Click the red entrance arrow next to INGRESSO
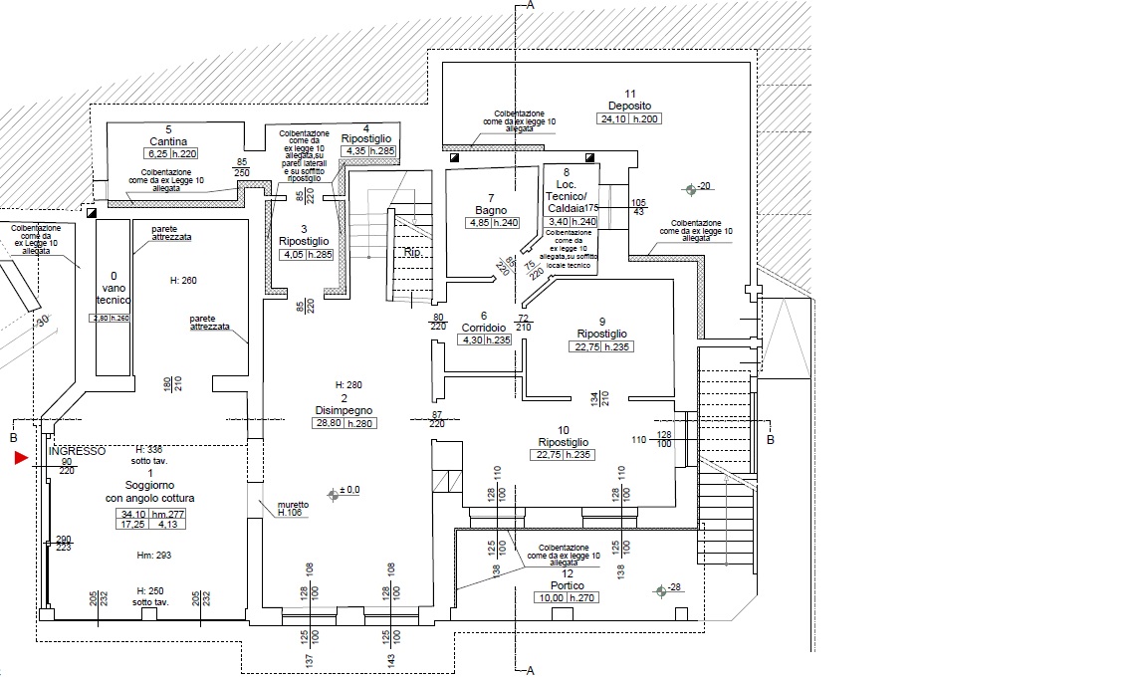pyautogui.click(x=21, y=458)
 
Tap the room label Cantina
pyautogui.click(x=168, y=141)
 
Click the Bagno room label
pyautogui.click(x=491, y=210)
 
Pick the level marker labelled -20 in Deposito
pyautogui.click(x=690, y=188)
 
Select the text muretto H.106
pyautogui.click(x=293, y=509)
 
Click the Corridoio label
pyautogui.click(x=484, y=328)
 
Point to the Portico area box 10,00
pyautogui.click(x=550, y=598)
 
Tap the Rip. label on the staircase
pyautogui.click(x=412, y=252)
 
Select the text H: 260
pyautogui.click(x=183, y=281)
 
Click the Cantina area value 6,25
pyautogui.click(x=157, y=153)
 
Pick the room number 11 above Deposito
pyautogui.click(x=629, y=94)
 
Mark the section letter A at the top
pyautogui.click(x=531, y=6)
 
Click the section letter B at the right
pyautogui.click(x=771, y=438)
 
